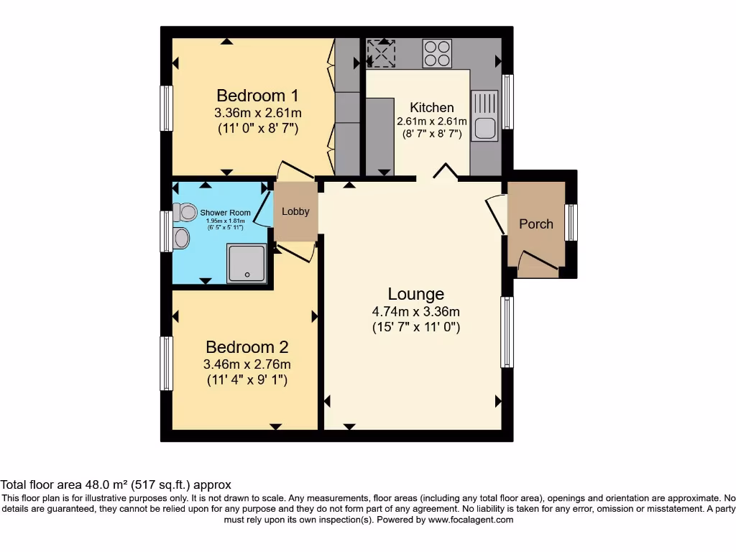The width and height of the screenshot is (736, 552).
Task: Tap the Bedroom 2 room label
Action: [247, 347]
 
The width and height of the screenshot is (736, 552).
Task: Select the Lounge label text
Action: [415, 294]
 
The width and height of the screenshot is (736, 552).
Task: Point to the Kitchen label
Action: [432, 108]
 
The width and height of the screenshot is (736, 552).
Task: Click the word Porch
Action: [536, 224]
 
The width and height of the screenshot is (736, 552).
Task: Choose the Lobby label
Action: [295, 211]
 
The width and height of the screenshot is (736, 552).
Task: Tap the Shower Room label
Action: [225, 213]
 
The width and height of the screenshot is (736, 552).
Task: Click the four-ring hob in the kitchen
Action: [437, 52]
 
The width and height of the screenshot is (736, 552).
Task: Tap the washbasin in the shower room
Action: [182, 237]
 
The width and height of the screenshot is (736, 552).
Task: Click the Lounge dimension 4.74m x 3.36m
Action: [415, 311]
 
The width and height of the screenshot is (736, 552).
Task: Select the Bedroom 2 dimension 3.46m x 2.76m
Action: [247, 364]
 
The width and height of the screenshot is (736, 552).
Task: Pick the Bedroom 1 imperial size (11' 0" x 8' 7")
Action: [257, 129]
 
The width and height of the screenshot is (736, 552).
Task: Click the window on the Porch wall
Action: [571, 223]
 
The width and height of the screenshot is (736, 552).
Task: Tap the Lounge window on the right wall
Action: [507, 332]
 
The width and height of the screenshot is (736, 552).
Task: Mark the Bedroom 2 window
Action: [166, 364]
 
